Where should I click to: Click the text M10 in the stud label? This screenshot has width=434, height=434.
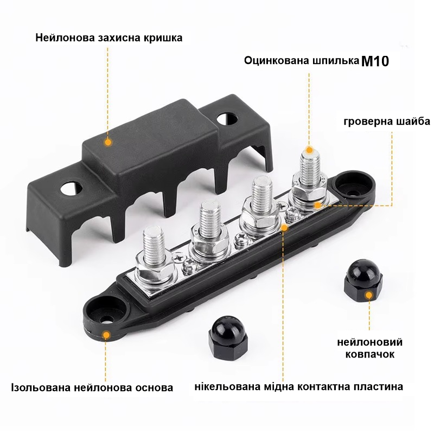[375, 61]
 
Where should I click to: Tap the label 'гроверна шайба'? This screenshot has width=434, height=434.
[387, 122]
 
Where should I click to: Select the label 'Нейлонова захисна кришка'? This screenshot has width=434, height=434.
[109, 37]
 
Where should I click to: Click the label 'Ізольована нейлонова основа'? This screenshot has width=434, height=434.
[92, 387]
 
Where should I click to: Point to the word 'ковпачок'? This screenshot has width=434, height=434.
[370, 354]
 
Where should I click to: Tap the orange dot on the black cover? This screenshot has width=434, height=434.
[108, 142]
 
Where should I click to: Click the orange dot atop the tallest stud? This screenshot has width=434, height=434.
[309, 150]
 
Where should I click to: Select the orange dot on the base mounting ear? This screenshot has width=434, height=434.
[105, 334]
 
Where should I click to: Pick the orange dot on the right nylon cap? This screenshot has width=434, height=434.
[369, 295]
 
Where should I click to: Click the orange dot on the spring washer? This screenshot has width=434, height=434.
[317, 205]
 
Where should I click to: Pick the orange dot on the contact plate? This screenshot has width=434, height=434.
[284, 227]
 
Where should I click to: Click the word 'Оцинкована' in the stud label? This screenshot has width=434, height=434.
[278, 60]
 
